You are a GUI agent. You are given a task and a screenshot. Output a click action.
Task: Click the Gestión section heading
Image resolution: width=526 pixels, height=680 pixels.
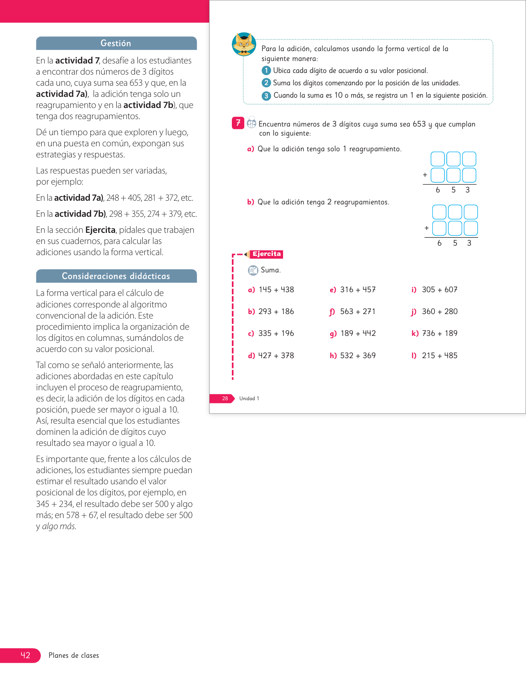coord(116,43)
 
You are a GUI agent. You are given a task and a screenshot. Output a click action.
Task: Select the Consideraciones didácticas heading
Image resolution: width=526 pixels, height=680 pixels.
coord(116,276)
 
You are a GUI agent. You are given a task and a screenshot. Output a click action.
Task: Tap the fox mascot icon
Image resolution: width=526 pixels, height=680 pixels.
coord(244,44)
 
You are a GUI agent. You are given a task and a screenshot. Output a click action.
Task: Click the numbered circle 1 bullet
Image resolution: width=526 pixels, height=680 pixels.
coord(266,70)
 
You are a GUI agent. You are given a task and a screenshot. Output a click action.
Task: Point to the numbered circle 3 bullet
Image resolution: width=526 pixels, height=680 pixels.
coord(266,96)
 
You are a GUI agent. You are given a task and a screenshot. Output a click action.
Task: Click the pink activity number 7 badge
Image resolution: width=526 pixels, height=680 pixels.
coord(238,123)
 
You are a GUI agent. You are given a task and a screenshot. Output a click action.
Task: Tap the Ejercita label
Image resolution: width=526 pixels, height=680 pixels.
coord(267,254)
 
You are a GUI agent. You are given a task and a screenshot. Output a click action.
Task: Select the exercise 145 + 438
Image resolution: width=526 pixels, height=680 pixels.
coord(276,290)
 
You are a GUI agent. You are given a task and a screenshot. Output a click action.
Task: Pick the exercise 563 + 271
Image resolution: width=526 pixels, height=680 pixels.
coord(358,312)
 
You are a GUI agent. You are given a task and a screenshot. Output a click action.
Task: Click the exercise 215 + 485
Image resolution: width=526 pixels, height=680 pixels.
coord(439,356)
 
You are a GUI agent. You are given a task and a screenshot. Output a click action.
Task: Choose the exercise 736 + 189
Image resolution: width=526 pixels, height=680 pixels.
coord(439,333)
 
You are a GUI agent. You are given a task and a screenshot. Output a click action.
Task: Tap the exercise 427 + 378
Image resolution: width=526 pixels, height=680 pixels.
coord(276,356)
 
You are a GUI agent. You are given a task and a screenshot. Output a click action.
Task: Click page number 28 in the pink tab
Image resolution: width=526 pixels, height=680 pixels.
coord(225,399)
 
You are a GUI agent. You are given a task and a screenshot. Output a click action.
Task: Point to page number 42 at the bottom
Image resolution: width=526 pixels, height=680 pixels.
coord(26,655)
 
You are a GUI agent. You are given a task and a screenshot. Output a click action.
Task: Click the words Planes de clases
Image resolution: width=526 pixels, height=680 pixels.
coord(73,655)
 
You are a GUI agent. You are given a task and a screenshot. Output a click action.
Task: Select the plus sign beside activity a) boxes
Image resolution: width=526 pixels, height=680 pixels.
coord(425,175)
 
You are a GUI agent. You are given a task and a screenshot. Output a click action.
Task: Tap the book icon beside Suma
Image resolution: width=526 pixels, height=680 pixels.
coord(253,270)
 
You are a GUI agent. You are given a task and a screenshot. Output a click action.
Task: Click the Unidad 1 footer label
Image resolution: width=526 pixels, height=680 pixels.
coord(249,399)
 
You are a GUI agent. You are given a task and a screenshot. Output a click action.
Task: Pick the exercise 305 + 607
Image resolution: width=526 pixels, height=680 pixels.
coord(439,290)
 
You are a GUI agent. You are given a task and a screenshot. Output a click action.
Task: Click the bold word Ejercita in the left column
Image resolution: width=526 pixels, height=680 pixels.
coord(100,230)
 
